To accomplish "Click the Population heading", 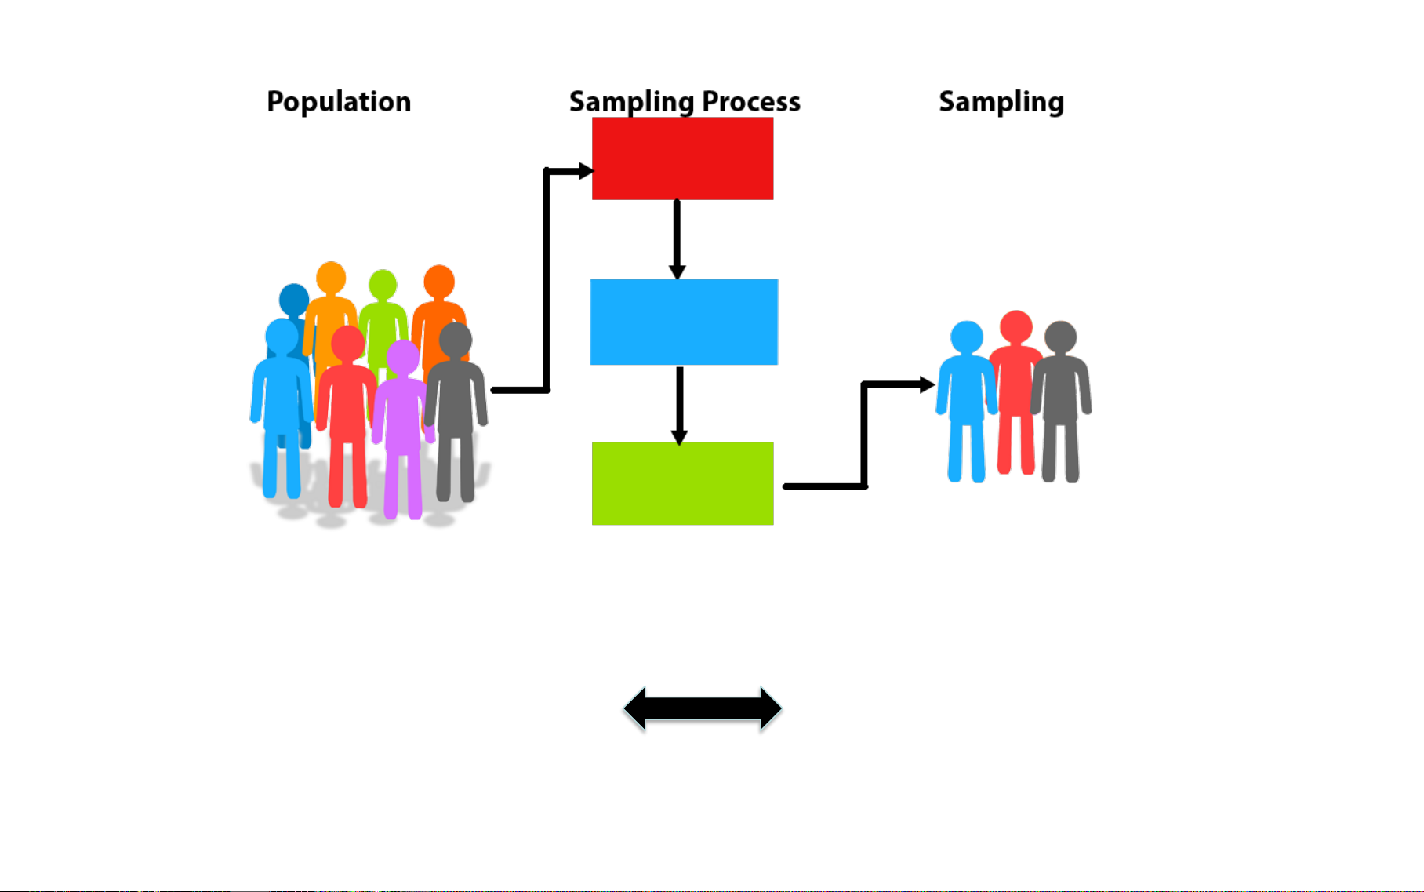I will click(x=339, y=102).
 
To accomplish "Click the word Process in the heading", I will click(x=750, y=102).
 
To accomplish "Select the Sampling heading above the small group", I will click(x=1001, y=102).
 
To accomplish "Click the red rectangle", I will click(x=682, y=158).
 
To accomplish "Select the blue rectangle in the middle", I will click(x=684, y=322).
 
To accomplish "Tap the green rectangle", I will click(x=682, y=483).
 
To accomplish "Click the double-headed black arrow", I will click(x=702, y=709).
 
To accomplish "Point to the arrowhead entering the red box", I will click(x=584, y=170).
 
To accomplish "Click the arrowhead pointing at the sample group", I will click(x=926, y=384).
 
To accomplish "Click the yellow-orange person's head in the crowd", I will click(x=331, y=278).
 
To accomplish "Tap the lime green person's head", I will click(x=383, y=285).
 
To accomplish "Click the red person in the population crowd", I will click(x=346, y=408).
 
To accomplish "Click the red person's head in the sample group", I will click(x=1016, y=326).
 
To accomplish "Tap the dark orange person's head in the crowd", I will click(x=439, y=281).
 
